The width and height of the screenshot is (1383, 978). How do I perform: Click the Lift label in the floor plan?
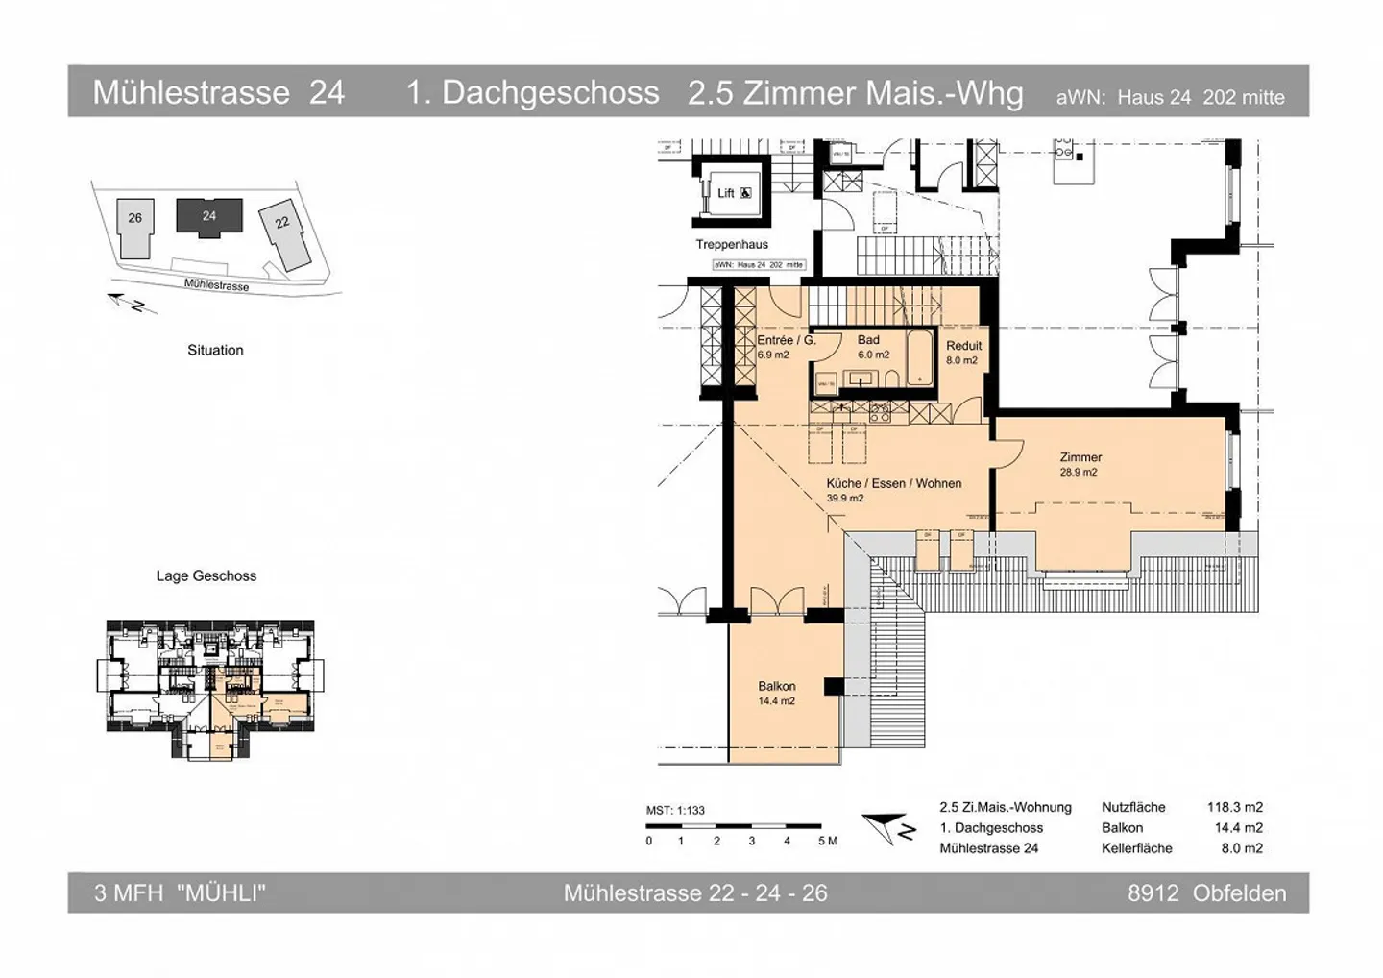pyautogui.click(x=726, y=193)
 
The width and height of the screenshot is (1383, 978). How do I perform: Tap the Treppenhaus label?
pyautogui.click(x=732, y=244)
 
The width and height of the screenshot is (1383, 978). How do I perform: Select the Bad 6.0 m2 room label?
pyautogui.click(x=871, y=347)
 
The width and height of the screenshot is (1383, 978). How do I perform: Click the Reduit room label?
pyautogui.click(x=963, y=353)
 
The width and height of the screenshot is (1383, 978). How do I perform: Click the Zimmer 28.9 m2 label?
pyautogui.click(x=1080, y=464)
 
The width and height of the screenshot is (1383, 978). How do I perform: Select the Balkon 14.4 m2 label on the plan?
pyautogui.click(x=776, y=693)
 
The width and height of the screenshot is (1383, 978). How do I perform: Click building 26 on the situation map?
pyautogui.click(x=134, y=228)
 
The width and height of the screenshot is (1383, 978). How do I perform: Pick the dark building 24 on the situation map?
pyautogui.click(x=209, y=216)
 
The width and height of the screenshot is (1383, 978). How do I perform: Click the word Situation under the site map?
pyautogui.click(x=215, y=350)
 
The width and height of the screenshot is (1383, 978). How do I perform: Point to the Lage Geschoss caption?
pyautogui.click(x=206, y=575)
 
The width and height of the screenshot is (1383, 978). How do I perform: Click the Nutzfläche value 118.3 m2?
pyautogui.click(x=1234, y=807)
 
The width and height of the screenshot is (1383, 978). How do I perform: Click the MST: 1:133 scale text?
pyautogui.click(x=675, y=810)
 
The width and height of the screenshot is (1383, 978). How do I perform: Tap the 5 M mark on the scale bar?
pyautogui.click(x=827, y=841)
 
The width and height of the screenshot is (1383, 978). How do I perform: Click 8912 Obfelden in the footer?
pyautogui.click(x=1206, y=892)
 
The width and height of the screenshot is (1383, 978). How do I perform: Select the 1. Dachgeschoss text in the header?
pyautogui.click(x=532, y=92)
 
